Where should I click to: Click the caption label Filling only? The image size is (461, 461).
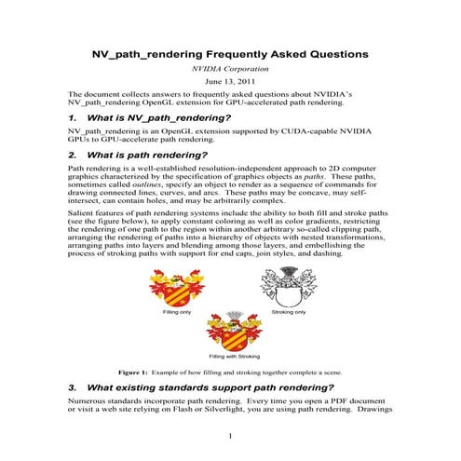coord(178,310)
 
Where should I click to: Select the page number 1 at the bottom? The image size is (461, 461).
coord(229,437)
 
